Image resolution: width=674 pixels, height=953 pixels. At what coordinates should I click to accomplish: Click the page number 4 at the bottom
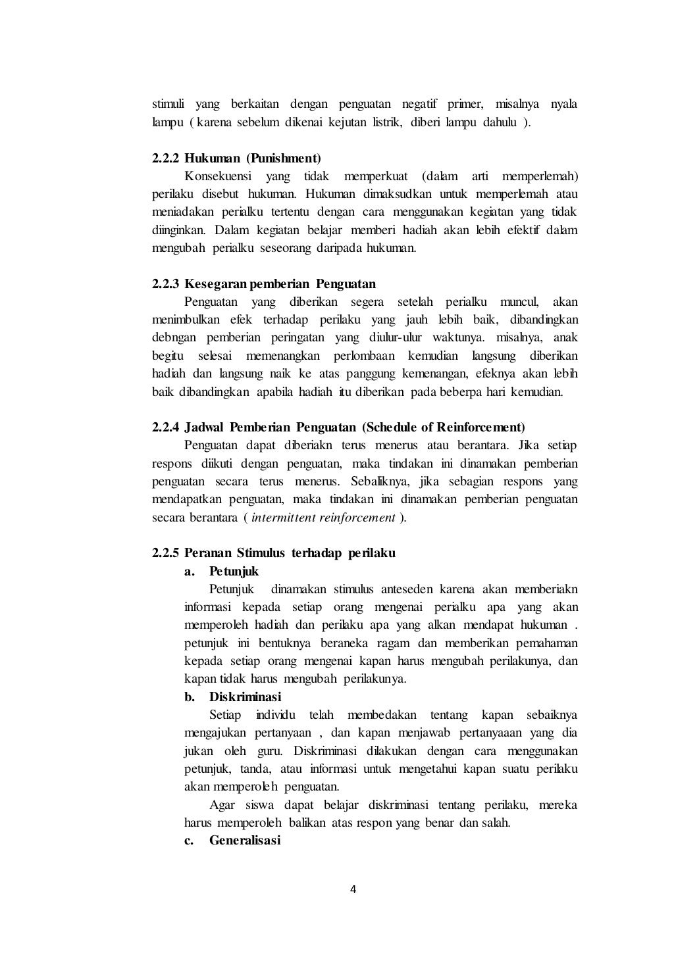click(x=353, y=890)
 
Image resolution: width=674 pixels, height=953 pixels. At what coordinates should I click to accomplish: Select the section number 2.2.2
click(x=166, y=159)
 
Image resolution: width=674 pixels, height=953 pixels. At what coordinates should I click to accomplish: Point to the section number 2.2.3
click(x=166, y=284)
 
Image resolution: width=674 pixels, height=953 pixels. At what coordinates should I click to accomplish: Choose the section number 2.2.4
click(x=166, y=428)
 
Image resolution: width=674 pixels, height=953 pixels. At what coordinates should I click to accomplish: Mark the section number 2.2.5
click(x=166, y=553)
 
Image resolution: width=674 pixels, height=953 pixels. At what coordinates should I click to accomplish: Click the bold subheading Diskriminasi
click(x=245, y=696)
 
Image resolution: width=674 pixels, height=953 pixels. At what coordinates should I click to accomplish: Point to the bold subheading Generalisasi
click(x=245, y=841)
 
